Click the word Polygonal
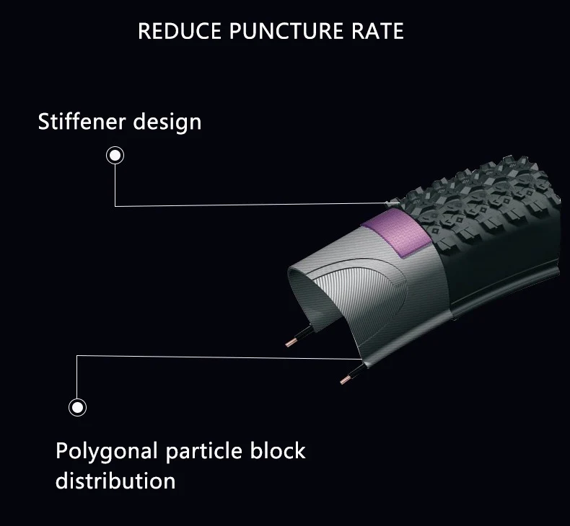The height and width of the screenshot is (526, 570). (106, 453)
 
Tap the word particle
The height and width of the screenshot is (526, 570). (203, 453)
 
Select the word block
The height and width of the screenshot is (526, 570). (277, 452)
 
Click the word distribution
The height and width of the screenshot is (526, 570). (115, 480)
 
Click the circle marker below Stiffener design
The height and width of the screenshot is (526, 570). (115, 155)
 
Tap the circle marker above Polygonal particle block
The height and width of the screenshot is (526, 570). (77, 407)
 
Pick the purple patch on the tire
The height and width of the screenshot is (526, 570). (393, 233)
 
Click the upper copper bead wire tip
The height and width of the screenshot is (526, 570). (294, 340)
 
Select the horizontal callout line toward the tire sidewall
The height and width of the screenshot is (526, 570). (216, 355)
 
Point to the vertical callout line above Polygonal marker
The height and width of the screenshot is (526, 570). (77, 376)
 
